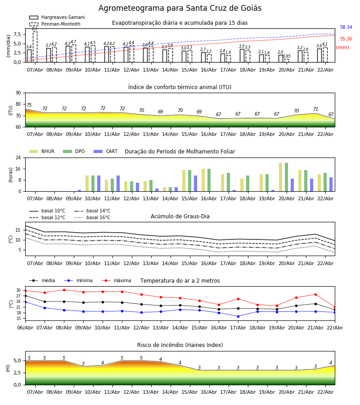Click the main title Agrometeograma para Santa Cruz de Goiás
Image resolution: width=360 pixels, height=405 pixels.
[x=180, y=9]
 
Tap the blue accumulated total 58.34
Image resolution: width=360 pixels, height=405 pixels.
[x=346, y=27]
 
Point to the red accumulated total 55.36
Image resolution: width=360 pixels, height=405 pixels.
[x=346, y=39]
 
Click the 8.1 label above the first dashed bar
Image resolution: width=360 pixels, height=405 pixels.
[x=35, y=29]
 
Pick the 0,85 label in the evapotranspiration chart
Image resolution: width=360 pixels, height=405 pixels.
[x=287, y=56]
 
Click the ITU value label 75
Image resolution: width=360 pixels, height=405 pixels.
[x=29, y=105]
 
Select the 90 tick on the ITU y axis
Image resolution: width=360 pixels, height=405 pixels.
[x=18, y=93]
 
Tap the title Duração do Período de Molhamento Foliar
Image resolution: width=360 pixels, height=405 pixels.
[x=180, y=152]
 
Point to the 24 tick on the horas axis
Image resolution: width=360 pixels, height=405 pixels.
[x=19, y=157]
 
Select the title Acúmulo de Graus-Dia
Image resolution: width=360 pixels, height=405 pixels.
[x=180, y=216]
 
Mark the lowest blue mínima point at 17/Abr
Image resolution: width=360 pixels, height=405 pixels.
[x=238, y=316]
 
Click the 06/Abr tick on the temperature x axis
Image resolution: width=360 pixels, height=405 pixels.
[x=25, y=327]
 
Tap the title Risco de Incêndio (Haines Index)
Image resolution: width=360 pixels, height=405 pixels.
[x=180, y=345]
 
